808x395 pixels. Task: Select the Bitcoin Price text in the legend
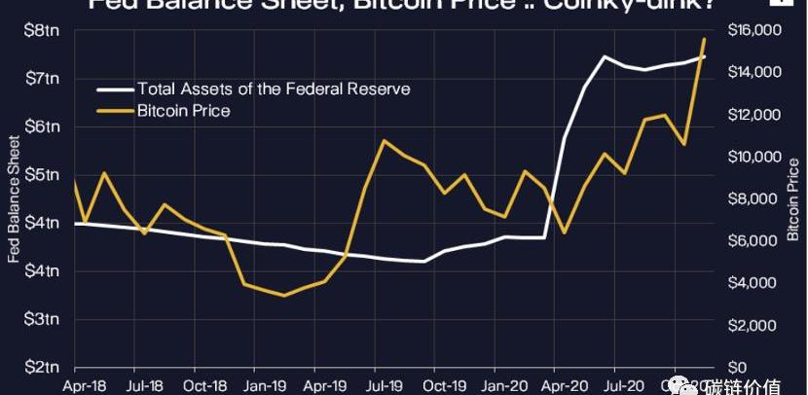tap(184, 111)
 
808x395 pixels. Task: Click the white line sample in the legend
tap(115, 90)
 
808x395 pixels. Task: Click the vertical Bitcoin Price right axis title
tap(793, 198)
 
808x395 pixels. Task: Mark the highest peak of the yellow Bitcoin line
tap(704, 39)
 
